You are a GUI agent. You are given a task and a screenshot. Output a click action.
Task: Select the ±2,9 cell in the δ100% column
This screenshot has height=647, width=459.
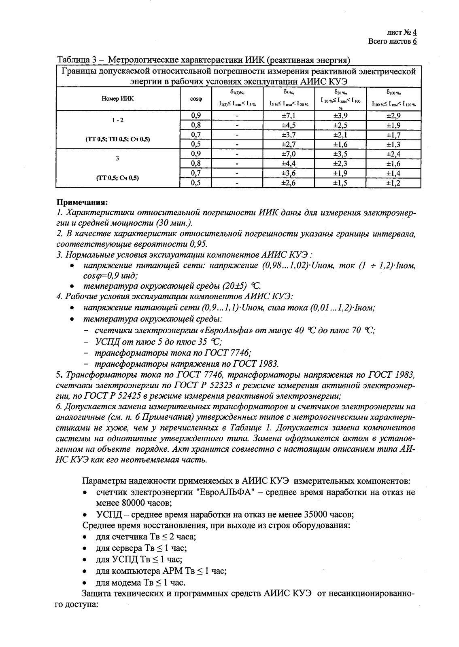(393, 115)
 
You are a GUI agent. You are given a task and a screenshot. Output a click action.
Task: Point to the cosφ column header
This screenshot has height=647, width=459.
(196, 99)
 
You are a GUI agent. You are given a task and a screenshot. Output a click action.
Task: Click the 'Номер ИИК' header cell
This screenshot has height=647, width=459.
(117, 99)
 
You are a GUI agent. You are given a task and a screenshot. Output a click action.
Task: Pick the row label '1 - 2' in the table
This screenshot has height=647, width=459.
(117, 121)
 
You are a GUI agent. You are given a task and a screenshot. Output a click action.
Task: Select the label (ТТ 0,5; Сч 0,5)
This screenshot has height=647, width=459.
(117, 178)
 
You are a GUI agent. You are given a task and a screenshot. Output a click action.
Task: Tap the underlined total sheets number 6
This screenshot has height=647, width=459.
(414, 42)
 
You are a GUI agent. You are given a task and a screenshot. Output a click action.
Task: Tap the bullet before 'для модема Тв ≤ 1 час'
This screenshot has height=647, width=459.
(84, 583)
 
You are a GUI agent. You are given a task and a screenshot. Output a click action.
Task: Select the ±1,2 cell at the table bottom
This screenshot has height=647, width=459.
(393, 183)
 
